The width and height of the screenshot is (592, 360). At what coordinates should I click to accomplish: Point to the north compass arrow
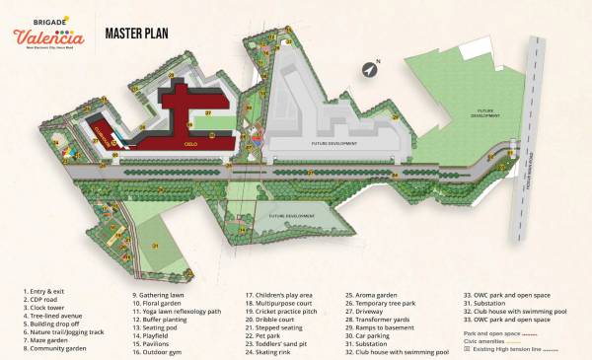(x=372, y=69)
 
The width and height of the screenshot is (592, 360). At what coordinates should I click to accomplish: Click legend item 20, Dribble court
(x=270, y=322)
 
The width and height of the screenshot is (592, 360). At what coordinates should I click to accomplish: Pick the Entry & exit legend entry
(x=44, y=294)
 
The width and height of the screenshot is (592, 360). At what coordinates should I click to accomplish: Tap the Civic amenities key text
(x=493, y=341)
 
